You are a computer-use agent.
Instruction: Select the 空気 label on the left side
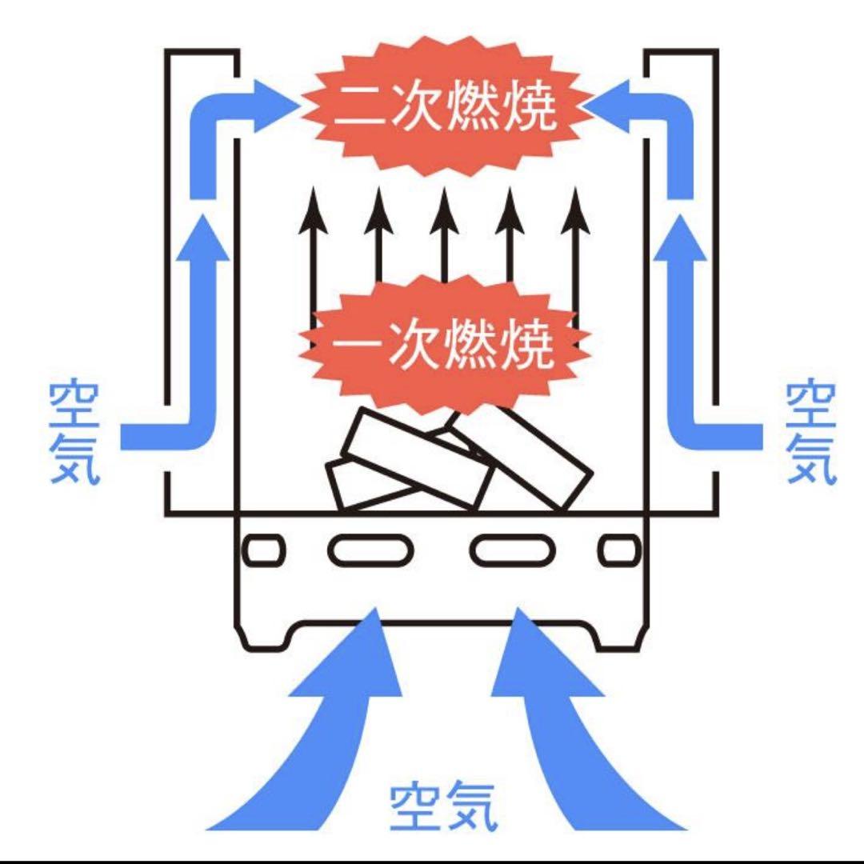click(74, 434)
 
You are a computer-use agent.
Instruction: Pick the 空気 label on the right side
click(810, 434)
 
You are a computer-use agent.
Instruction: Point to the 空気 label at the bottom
click(443, 807)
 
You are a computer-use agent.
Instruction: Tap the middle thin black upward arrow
click(444, 237)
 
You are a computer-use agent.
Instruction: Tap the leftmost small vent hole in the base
click(264, 550)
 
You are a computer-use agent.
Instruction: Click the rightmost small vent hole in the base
click(620, 550)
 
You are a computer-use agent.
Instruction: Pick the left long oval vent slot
click(370, 550)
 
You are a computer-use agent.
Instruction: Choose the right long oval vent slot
click(513, 550)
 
